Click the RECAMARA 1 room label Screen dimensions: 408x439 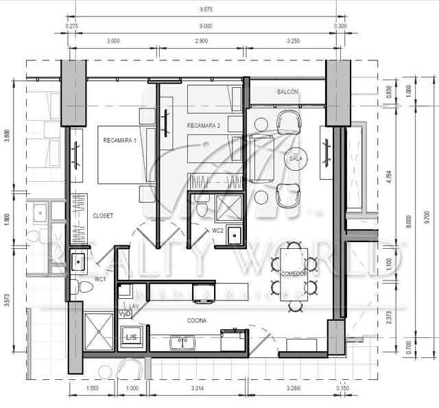pyautogui.click(x=120, y=141)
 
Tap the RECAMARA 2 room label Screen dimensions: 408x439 pyautogui.click(x=203, y=126)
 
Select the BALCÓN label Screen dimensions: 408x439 pyautogui.click(x=287, y=92)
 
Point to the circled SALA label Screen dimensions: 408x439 pyautogui.click(x=296, y=158)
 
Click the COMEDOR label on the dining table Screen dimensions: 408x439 pyautogui.click(x=294, y=274)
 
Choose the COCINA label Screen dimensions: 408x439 pyautogui.click(x=198, y=320)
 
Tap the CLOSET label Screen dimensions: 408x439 pyautogui.click(x=102, y=215)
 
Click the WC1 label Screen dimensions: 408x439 pyautogui.click(x=100, y=278)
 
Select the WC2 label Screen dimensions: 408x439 pyautogui.click(x=218, y=230)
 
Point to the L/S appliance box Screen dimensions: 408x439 pyautogui.click(x=130, y=337)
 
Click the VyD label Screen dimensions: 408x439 pyautogui.click(x=124, y=313)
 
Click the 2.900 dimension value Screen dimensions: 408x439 pyautogui.click(x=201, y=41)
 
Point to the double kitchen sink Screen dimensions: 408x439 pyautogui.click(x=181, y=341)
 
